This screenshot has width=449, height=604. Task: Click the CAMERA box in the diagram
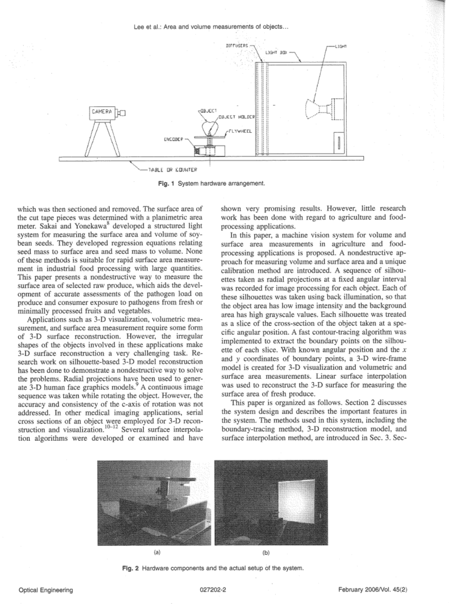tap(102, 112)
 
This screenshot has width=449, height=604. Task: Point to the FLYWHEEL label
tap(240, 131)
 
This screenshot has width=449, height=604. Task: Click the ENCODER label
tap(174, 140)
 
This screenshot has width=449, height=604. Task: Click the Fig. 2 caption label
tap(130, 568)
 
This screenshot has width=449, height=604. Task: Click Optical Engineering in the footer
tap(46, 590)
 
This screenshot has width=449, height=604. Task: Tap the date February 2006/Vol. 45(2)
tap(373, 590)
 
